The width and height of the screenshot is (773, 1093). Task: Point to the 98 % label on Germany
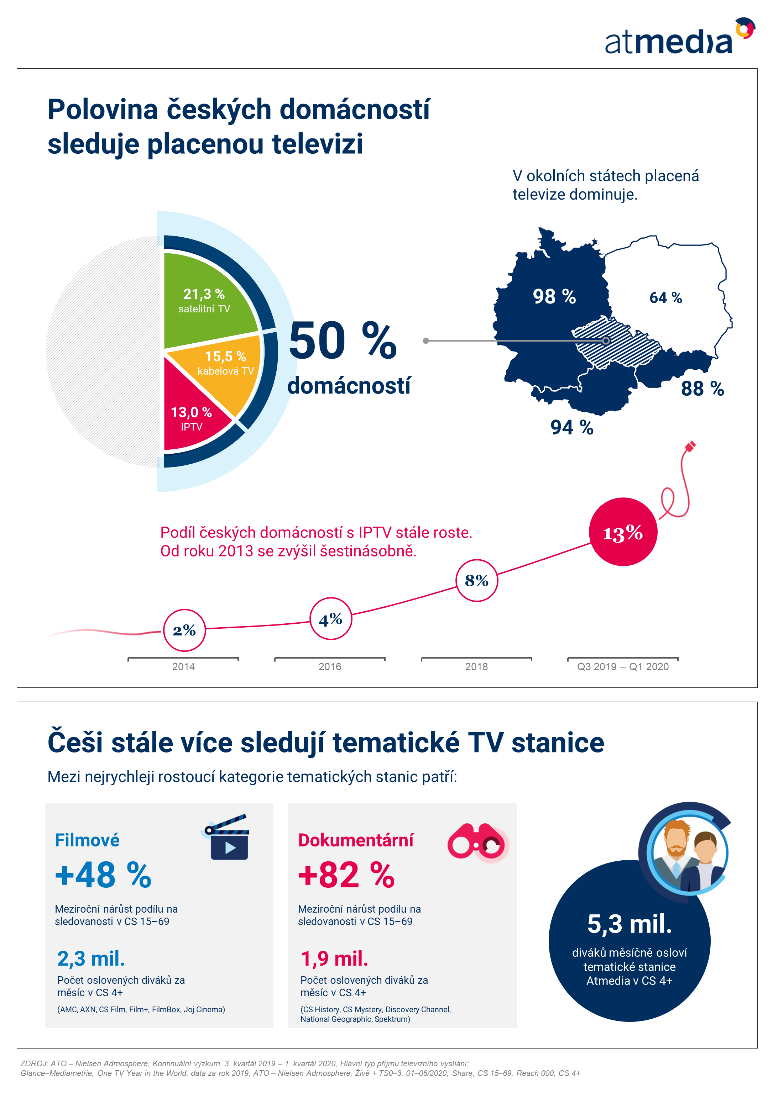click(x=554, y=297)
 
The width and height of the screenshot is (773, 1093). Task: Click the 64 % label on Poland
click(x=665, y=298)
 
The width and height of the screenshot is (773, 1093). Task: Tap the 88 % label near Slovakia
click(x=702, y=389)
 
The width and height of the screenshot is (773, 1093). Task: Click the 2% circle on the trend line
click(x=184, y=630)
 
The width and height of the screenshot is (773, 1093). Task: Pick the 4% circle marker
click(x=330, y=619)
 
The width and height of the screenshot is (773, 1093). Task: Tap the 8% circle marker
click(x=477, y=580)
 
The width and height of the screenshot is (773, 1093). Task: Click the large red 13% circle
click(x=623, y=532)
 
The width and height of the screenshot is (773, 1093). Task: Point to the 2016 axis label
click(x=330, y=666)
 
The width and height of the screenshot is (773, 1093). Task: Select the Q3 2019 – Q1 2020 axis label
click(x=622, y=666)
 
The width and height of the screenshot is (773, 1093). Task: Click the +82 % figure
click(x=346, y=875)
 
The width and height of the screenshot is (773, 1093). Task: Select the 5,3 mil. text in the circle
click(x=629, y=924)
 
